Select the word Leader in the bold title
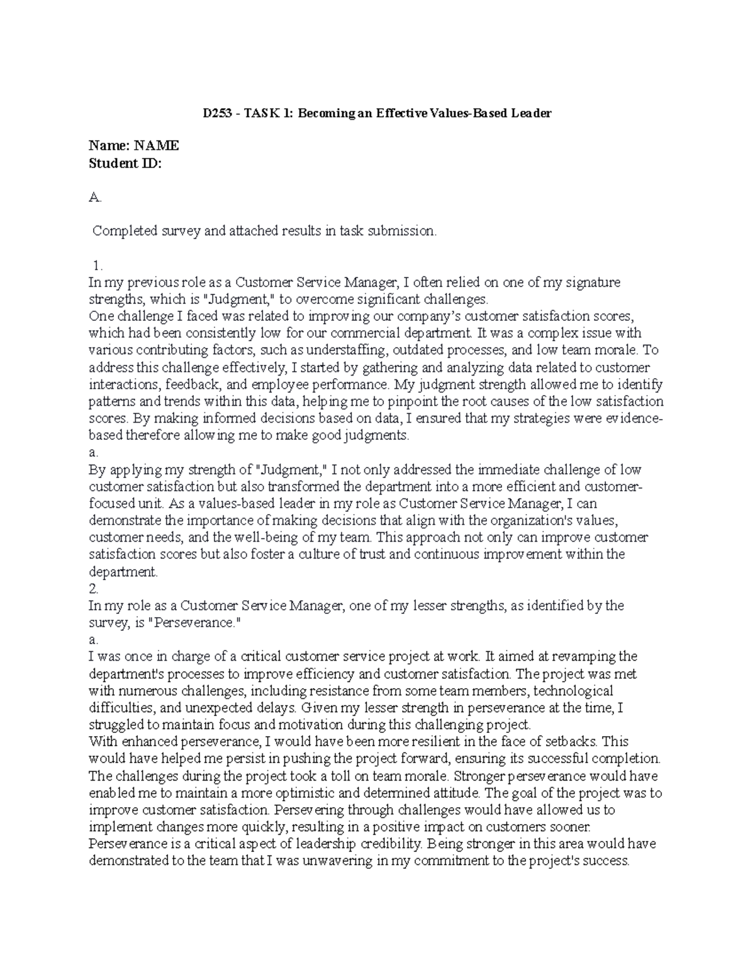(x=531, y=114)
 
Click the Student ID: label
(x=125, y=164)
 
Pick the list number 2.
(x=94, y=589)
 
